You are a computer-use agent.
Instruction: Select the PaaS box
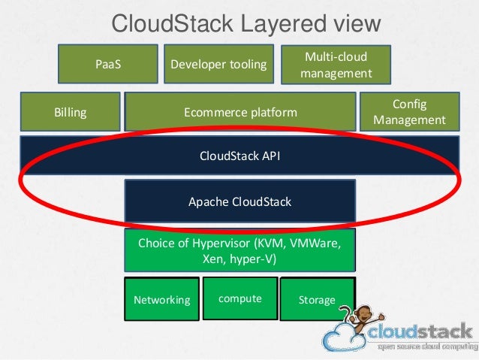(108, 64)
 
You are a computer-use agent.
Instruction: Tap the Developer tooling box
(218, 64)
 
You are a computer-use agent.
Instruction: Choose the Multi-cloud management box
(336, 65)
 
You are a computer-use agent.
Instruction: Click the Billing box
(71, 113)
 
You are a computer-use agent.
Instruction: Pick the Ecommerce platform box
(240, 113)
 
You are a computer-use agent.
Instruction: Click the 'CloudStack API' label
(239, 156)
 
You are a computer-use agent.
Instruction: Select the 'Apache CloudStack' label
(239, 201)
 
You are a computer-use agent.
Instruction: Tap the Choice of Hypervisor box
(239, 252)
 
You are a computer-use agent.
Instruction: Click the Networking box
(162, 299)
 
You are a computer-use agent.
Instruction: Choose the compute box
(239, 298)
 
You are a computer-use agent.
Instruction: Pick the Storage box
(316, 299)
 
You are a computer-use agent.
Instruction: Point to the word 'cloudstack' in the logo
(420, 332)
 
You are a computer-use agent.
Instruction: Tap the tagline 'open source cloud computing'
(424, 347)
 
